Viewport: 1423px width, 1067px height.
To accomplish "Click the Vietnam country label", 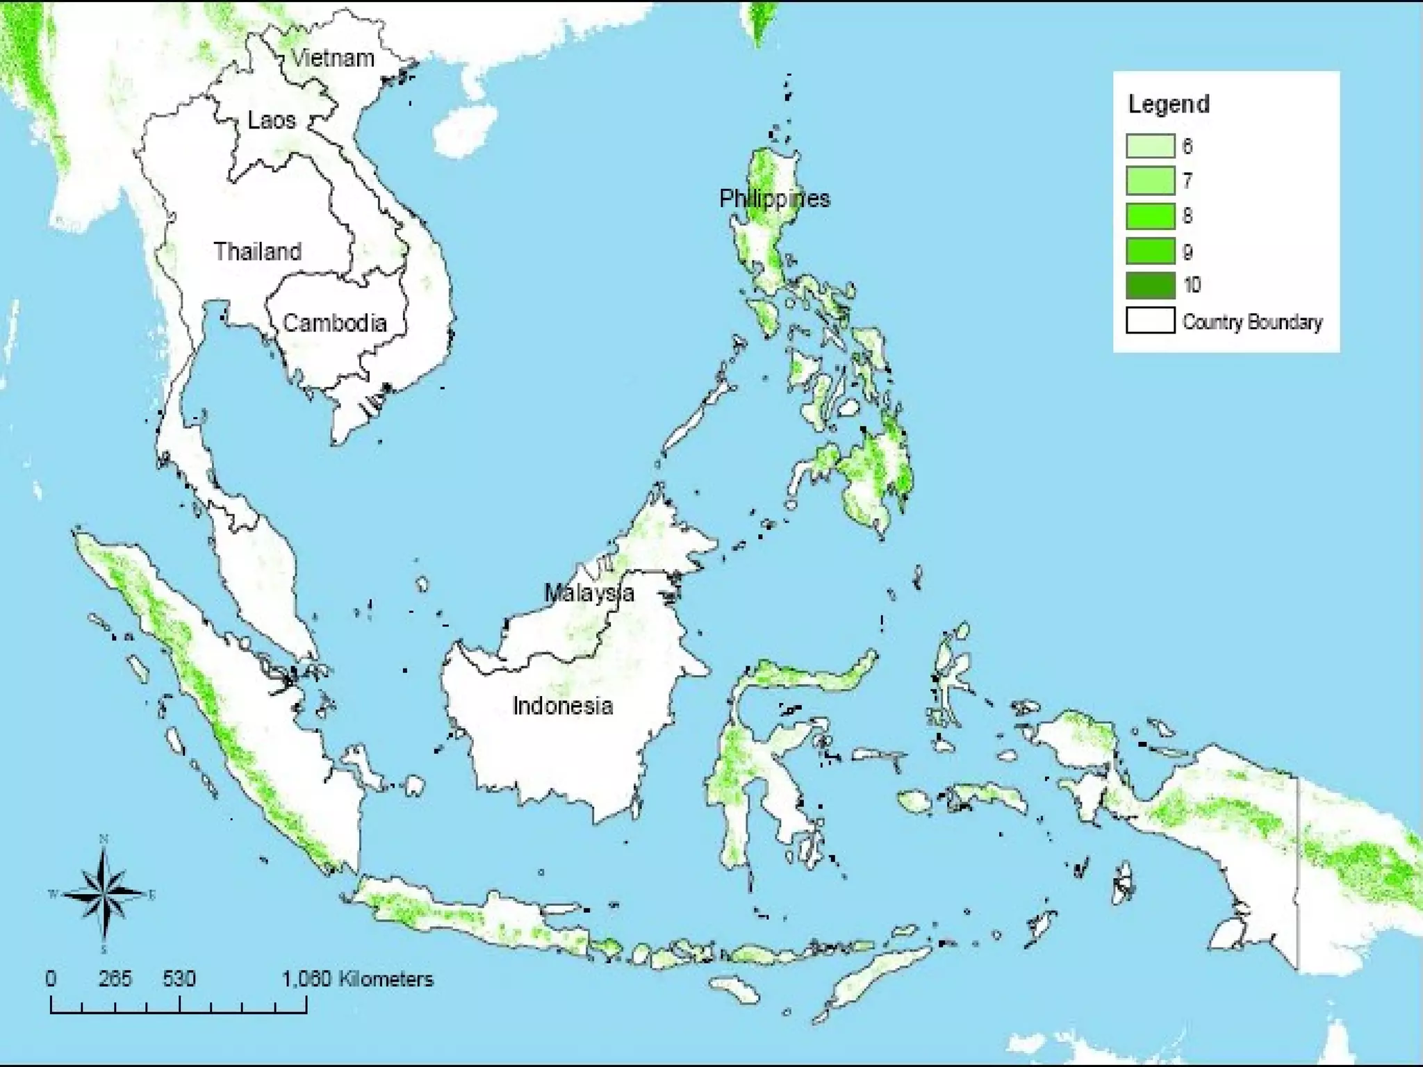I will coord(333,58).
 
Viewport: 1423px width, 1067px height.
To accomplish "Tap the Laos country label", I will coord(272,120).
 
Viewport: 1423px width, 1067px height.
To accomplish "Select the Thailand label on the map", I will coord(257,251).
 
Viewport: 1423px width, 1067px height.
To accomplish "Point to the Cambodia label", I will coord(334,323).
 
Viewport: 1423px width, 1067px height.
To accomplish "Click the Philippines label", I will coord(774,199).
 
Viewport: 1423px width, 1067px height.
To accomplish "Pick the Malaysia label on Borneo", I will coord(589,593).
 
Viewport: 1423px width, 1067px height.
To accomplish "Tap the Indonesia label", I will coord(563,706).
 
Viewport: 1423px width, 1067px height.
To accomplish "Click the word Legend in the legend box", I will coord(1169,104).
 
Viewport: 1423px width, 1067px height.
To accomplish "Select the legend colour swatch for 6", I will coord(1150,146).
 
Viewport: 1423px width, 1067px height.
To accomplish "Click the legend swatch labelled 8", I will coord(1150,216).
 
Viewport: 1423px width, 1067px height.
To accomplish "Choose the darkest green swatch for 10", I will coord(1150,286).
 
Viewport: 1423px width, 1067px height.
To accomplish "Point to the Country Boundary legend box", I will coord(1150,321).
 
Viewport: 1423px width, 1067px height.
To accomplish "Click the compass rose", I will coord(104,893).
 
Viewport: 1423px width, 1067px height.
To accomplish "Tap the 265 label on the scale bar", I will coord(115,979).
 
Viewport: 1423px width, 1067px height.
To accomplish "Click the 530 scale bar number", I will coord(179,979).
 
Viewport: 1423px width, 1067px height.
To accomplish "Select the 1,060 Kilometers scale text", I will coord(357,979).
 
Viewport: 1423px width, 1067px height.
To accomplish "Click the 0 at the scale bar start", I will coord(51,979).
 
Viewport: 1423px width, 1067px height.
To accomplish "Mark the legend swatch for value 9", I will coord(1150,251).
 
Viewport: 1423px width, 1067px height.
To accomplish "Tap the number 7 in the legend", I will coord(1187,181).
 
